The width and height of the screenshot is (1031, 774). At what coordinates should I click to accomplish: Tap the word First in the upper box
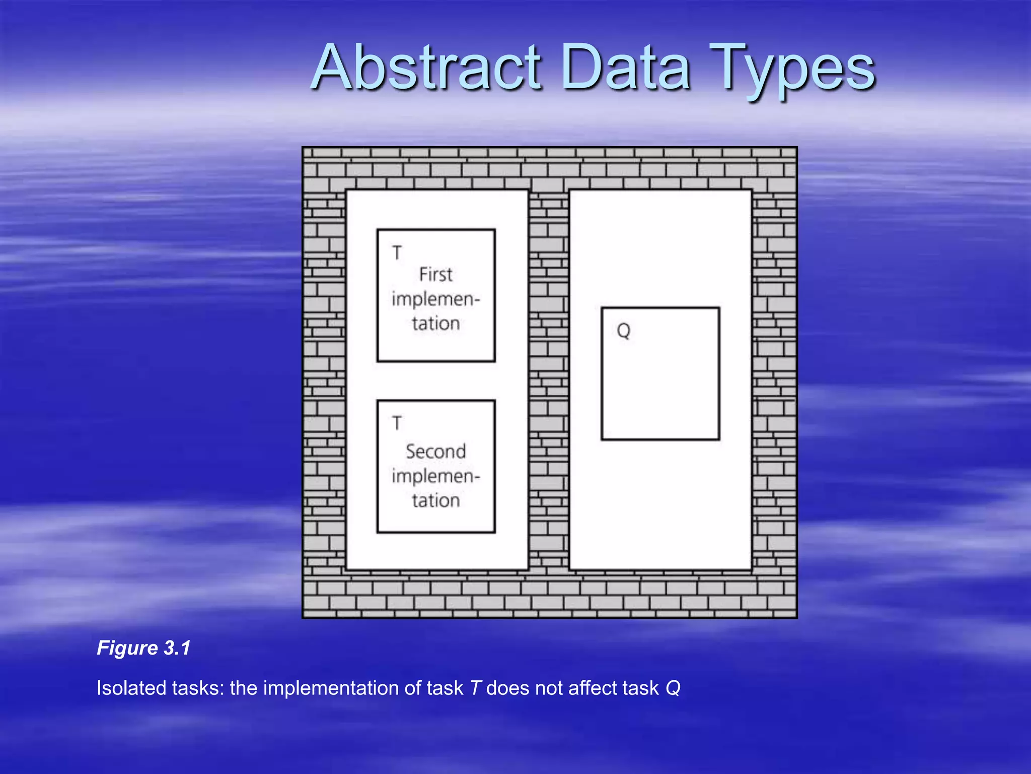coord(436,275)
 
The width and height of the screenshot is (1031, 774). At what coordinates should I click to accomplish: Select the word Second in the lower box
coord(436,451)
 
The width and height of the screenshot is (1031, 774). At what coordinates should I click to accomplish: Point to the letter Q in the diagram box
coord(623,331)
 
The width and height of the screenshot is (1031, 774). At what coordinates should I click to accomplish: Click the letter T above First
coord(397,252)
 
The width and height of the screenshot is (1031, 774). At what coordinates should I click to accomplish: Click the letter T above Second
coord(397,423)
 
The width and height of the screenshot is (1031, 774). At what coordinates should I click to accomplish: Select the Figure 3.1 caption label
coord(143,648)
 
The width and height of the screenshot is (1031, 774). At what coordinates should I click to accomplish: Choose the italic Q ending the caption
coord(673,688)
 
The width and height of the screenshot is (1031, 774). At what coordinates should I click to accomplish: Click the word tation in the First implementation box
coord(436,323)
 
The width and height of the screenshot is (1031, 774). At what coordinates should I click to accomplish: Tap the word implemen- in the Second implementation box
coord(436,476)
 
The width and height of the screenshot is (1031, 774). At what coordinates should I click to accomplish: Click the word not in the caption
coord(547,688)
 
